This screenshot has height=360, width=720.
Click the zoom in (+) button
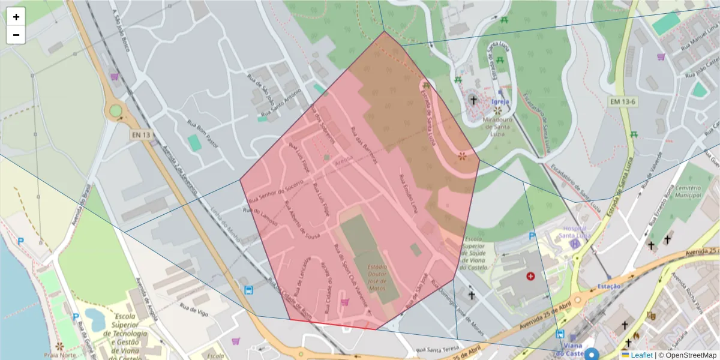(16, 17)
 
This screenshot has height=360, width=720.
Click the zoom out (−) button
(16, 35)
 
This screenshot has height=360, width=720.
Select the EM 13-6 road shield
(623, 102)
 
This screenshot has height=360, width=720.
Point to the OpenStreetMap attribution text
(687, 355)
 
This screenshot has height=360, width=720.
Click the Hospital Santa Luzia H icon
(575, 244)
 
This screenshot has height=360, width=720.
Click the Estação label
(609, 287)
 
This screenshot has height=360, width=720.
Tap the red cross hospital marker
(530, 276)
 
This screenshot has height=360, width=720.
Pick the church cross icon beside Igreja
(473, 100)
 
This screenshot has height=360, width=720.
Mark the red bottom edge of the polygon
(333, 325)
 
